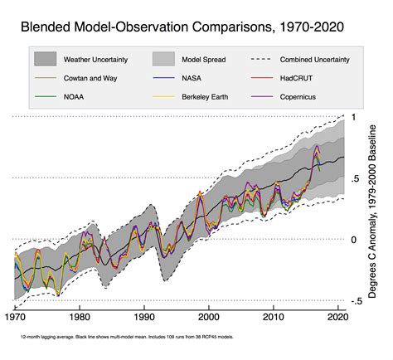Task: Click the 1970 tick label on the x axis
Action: coord(15,316)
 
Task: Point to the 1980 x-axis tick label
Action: coord(80,316)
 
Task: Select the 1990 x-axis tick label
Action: coord(144,316)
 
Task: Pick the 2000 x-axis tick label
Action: coord(209,316)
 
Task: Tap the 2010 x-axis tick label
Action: coord(274,316)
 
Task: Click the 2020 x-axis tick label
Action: coord(337,316)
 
